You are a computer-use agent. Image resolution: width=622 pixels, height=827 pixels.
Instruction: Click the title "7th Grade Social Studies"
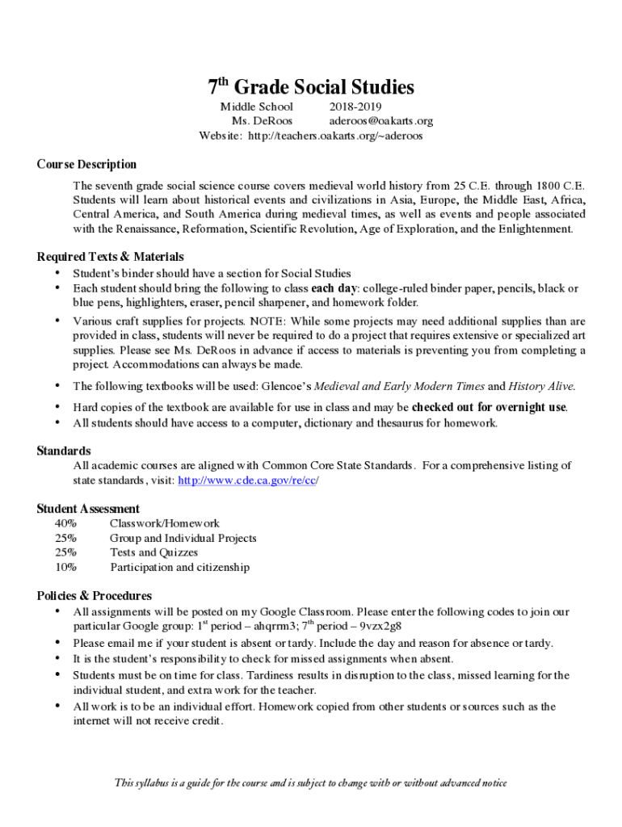[x=311, y=87]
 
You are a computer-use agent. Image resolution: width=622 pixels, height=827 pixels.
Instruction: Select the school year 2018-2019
[x=355, y=107]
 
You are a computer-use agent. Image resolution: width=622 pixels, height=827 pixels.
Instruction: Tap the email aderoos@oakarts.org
[x=380, y=121]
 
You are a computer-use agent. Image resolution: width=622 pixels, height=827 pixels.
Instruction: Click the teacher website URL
[x=337, y=136]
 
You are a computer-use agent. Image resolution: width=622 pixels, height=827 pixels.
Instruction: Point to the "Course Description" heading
[x=86, y=164]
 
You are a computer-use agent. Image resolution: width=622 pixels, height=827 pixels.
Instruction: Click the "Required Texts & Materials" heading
[x=111, y=257]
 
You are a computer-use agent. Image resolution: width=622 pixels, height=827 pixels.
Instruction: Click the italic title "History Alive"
[x=536, y=386]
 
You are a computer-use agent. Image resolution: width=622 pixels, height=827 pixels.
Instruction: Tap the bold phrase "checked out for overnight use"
[x=489, y=407]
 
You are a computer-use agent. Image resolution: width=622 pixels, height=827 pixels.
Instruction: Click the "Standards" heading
[x=64, y=451]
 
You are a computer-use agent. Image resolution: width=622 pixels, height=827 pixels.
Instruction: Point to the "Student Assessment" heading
[x=88, y=509]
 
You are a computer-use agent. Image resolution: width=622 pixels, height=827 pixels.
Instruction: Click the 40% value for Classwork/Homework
[x=66, y=524]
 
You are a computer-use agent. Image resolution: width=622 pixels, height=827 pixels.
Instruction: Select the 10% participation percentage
[x=66, y=568]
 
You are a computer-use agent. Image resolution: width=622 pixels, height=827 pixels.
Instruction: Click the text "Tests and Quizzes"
[x=153, y=553]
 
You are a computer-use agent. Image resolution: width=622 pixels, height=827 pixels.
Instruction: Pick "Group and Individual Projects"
[x=183, y=539]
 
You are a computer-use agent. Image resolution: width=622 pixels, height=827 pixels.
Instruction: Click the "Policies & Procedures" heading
[x=94, y=596]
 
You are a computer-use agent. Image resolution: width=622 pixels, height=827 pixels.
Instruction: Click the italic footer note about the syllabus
[x=311, y=783]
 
